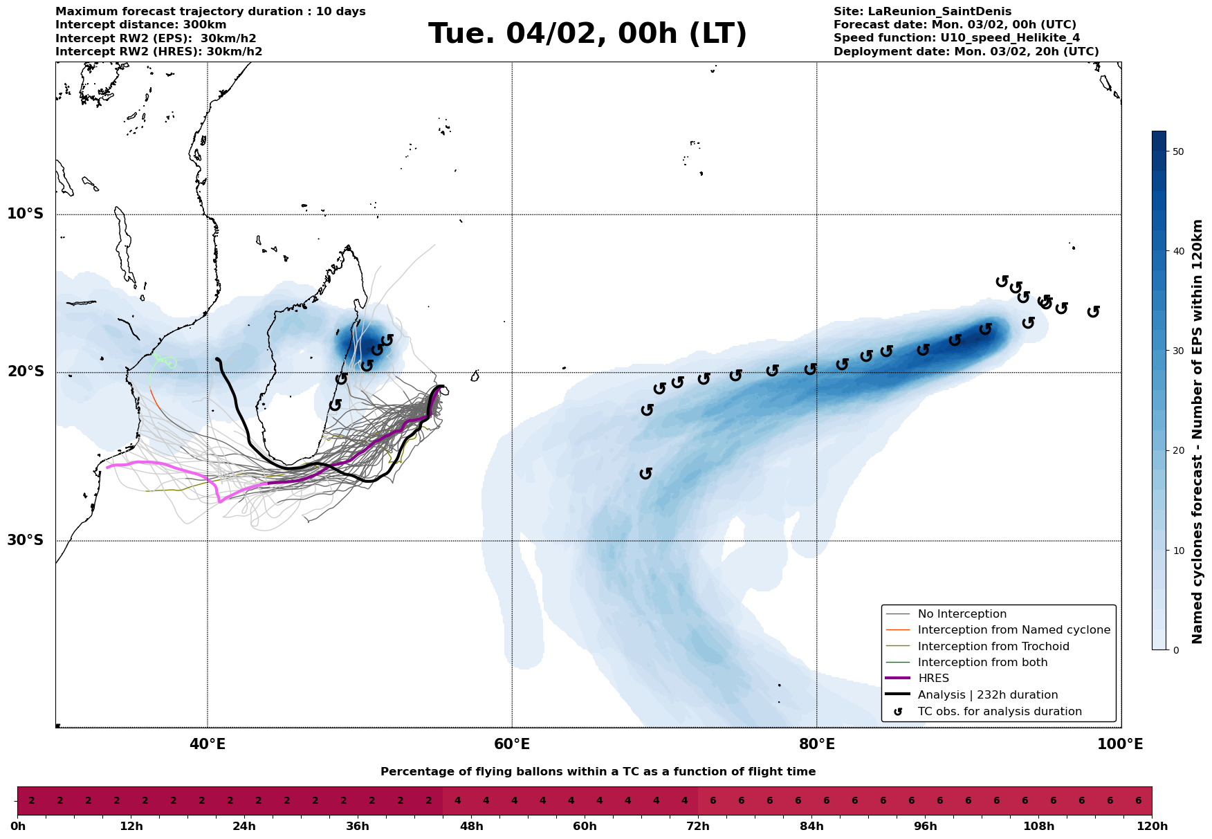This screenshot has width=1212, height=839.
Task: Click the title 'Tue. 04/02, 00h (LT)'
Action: tap(587, 34)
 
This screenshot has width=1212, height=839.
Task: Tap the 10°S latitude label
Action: tap(26, 214)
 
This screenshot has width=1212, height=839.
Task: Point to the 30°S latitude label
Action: tap(26, 540)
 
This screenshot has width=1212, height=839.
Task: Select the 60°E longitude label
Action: tap(512, 744)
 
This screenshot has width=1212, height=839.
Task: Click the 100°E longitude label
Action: tap(1121, 744)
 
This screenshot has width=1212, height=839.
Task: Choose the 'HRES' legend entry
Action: tap(933, 679)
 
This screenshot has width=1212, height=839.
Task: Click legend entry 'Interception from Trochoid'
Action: tap(993, 647)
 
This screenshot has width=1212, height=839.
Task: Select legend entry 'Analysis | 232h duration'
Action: tap(987, 695)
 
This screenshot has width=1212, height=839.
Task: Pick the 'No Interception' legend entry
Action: tap(962, 614)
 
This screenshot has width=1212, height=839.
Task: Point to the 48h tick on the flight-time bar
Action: tap(471, 827)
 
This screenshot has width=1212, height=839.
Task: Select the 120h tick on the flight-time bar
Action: tap(1152, 827)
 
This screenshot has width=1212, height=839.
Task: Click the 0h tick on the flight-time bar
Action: tap(18, 827)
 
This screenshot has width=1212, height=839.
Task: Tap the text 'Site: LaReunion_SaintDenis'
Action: tap(922, 12)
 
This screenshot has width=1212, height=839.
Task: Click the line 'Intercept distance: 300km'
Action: tap(140, 25)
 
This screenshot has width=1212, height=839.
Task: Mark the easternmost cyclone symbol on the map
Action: tap(1093, 312)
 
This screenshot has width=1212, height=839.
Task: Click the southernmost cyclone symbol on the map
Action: tap(646, 473)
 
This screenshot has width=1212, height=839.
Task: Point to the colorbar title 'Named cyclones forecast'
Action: tap(1197, 432)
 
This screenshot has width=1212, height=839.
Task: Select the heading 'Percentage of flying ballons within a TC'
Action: tap(598, 772)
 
